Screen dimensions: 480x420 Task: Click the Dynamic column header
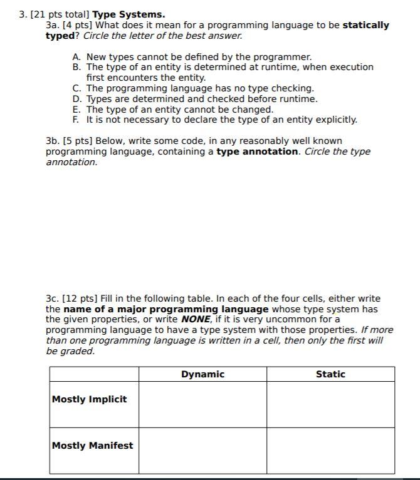point(202,374)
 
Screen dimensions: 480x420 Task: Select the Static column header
point(330,374)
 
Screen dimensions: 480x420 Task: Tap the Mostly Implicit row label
point(89,399)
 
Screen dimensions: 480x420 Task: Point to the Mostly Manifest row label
point(92,446)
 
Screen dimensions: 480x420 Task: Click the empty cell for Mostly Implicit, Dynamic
point(202,404)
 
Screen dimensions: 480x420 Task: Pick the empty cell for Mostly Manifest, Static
point(330,451)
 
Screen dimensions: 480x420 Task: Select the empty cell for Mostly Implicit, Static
point(330,404)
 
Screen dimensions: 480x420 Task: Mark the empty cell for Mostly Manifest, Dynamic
point(202,451)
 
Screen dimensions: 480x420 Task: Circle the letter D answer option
point(76,99)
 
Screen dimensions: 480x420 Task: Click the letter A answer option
point(76,57)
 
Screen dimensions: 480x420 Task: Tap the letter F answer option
point(76,120)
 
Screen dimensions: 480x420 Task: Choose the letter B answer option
point(76,67)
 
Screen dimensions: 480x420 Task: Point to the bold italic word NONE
point(196,320)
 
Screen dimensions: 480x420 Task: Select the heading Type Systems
point(129,14)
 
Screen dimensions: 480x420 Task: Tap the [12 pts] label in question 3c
point(81,299)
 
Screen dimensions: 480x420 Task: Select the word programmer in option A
point(284,57)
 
